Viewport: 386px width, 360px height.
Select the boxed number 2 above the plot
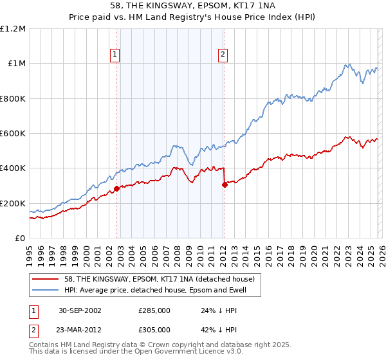coord(223,55)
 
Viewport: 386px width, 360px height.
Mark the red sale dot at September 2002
coord(116,189)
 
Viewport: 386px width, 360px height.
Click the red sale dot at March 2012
coord(225,185)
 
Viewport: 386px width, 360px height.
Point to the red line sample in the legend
coord(46,279)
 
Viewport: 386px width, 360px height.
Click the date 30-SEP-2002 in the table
coord(78,310)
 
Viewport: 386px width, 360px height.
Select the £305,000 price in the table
coord(154,328)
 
